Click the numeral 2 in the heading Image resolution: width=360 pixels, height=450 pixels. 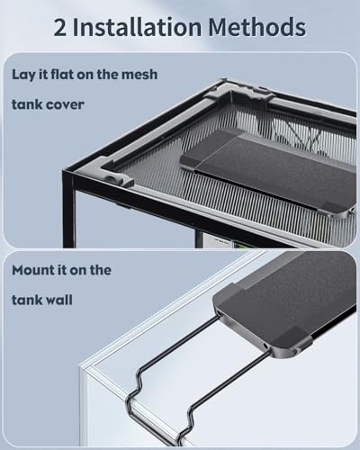[x=59, y=28]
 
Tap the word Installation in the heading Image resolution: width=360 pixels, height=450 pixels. [x=137, y=27]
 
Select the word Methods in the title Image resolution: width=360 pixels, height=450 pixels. [x=257, y=27]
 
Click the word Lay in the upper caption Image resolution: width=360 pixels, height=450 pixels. [x=23, y=75]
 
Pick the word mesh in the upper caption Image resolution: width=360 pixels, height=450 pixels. [x=139, y=75]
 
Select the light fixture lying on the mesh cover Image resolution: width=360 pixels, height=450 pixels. [x=268, y=171]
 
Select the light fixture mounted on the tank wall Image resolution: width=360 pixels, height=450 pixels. [x=285, y=303]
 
